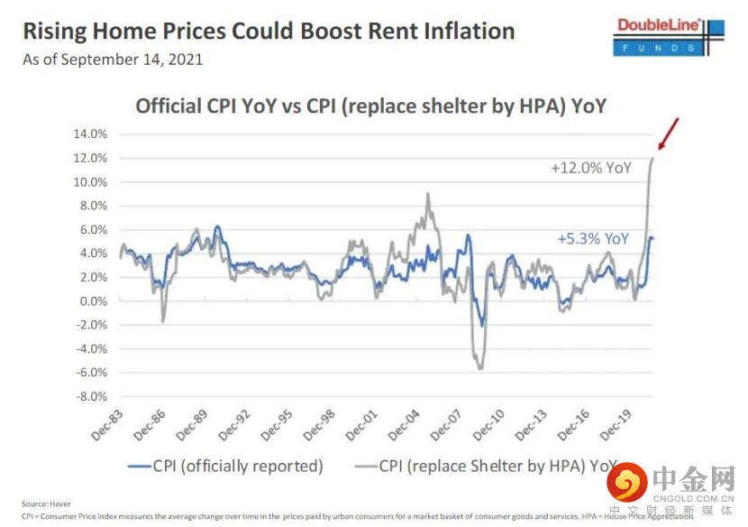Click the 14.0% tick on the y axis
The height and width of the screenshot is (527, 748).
(x=90, y=134)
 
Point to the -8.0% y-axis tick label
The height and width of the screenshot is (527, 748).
(x=90, y=396)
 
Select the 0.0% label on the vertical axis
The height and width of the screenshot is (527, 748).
(x=93, y=301)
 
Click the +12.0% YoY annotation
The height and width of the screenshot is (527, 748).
(x=589, y=168)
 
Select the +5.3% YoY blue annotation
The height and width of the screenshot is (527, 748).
(x=593, y=239)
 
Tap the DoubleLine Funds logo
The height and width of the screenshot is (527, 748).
(x=670, y=36)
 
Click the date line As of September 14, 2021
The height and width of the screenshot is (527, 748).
(x=113, y=60)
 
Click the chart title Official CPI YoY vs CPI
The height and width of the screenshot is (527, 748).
(x=369, y=106)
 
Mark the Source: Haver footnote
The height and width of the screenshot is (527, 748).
(x=46, y=504)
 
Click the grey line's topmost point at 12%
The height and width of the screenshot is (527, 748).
(x=652, y=159)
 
